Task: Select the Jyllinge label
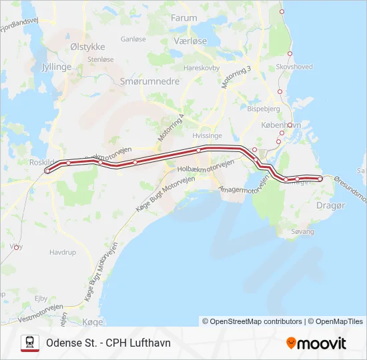click(x=57, y=67)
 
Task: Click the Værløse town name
click(x=190, y=41)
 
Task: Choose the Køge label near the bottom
click(x=93, y=321)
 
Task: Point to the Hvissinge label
click(x=206, y=134)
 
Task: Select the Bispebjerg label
click(x=263, y=107)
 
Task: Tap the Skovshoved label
click(x=294, y=67)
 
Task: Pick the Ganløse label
click(x=133, y=39)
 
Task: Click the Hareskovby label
click(x=202, y=67)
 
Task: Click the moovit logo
click(x=316, y=343)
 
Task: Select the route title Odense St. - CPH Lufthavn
click(x=108, y=343)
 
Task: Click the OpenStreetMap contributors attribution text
click(x=252, y=321)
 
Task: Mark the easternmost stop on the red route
click(x=320, y=179)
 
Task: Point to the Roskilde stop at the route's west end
click(x=47, y=171)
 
